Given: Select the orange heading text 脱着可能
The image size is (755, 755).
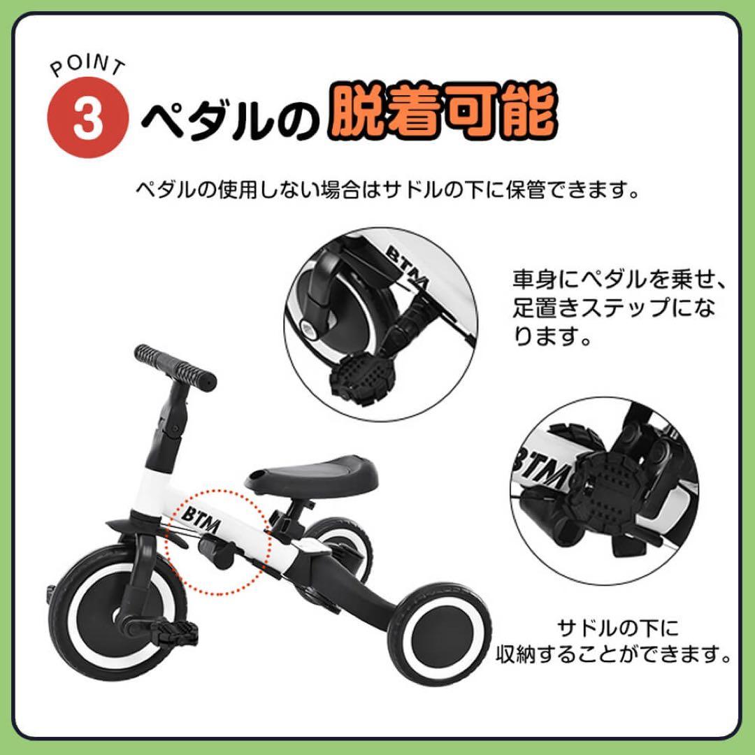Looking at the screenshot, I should coord(443,115).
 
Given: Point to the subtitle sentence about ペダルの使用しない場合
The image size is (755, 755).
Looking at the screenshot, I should coord(387,189).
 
